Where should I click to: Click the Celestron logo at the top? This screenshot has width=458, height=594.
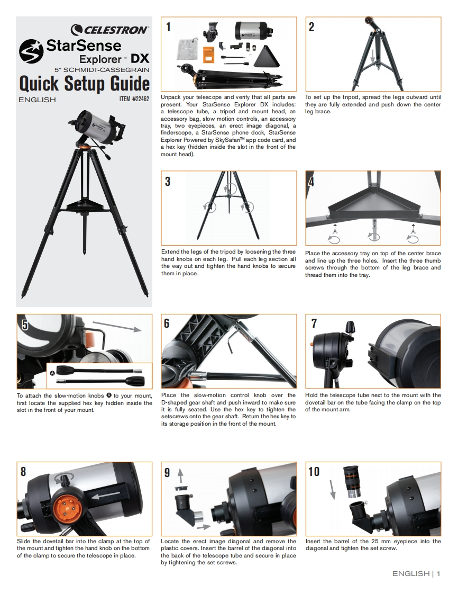110,30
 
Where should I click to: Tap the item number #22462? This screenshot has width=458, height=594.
134,99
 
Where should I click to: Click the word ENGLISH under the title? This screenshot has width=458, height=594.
37,100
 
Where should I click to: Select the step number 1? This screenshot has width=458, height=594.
168,27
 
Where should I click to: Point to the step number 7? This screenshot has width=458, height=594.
314,323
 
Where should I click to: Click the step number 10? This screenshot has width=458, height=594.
314,472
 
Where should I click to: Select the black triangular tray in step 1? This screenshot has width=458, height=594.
267,57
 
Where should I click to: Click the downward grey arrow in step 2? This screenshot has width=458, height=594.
373,56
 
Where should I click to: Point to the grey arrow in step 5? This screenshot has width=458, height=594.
117,326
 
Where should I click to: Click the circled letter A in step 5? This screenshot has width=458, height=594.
52,373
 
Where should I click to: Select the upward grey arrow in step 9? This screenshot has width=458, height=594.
180,475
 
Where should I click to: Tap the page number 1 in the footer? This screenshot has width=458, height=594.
438,573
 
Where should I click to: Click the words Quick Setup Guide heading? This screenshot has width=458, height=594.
85,83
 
